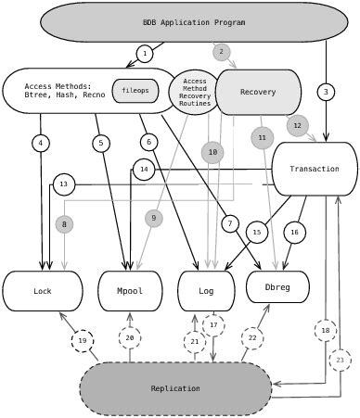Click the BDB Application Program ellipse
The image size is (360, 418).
pyautogui.click(x=194, y=22)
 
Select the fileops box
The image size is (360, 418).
pyautogui.click(x=135, y=91)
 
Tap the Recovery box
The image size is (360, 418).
pyautogui.click(x=258, y=92)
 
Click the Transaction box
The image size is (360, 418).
pyautogui.click(x=315, y=169)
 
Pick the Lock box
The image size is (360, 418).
pyautogui.click(x=43, y=291)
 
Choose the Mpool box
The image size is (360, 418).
pyautogui.click(x=130, y=291)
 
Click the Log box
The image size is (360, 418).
pyautogui.click(x=205, y=291)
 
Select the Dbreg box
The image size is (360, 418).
pyautogui.click(x=277, y=287)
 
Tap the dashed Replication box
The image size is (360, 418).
pyautogui.click(x=175, y=388)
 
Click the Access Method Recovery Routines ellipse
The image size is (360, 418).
pyautogui.click(x=195, y=93)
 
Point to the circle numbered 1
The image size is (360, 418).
pyautogui.click(x=145, y=54)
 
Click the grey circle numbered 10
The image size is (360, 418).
pyautogui.click(x=212, y=152)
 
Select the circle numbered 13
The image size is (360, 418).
pyautogui.click(x=64, y=184)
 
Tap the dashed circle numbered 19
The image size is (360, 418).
pyautogui.click(x=83, y=341)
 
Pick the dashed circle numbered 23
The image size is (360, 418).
pyautogui.click(x=341, y=360)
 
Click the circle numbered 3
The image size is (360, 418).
pyautogui.click(x=326, y=92)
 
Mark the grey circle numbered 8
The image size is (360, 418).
pyautogui.click(x=64, y=224)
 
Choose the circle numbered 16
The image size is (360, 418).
pyautogui.click(x=294, y=232)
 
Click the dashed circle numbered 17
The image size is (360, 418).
pyautogui.click(x=213, y=324)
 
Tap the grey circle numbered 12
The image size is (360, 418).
pyautogui.click(x=297, y=125)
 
